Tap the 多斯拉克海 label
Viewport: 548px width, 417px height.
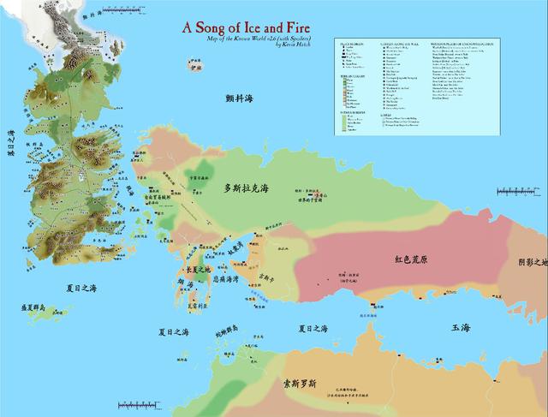(253, 188)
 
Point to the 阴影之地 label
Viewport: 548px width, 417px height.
(532, 263)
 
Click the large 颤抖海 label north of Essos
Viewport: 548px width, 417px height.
(240, 99)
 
